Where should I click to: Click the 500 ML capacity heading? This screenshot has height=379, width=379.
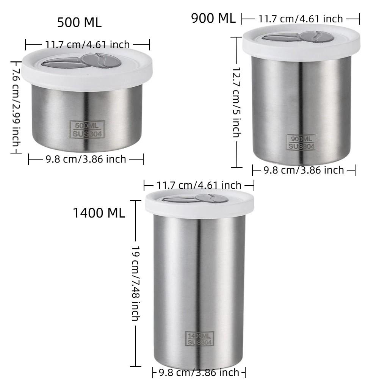[79, 22]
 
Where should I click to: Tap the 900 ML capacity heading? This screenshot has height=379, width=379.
[213, 18]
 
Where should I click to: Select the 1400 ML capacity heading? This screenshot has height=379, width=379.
[99, 213]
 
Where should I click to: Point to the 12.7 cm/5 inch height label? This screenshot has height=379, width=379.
[236, 102]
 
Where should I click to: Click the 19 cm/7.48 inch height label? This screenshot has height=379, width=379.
[136, 282]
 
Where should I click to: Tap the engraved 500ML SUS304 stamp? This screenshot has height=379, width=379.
[87, 129]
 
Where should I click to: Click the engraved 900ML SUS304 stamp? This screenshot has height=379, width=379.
[302, 143]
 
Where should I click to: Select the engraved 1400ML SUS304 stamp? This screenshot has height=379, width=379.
[200, 338]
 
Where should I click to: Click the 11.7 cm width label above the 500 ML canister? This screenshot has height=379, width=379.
[87, 45]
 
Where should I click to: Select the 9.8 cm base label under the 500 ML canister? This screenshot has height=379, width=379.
[86, 159]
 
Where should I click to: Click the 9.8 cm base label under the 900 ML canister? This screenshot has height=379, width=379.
[304, 170]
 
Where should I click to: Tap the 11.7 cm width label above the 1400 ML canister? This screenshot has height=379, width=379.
[199, 185]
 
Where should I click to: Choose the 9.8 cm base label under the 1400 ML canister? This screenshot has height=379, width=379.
[199, 372]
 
